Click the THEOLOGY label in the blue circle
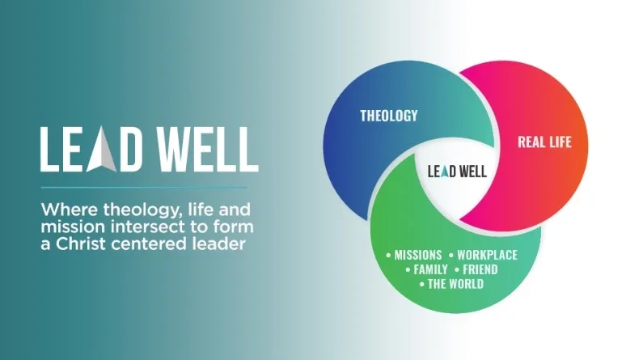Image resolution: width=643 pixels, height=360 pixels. (389, 116)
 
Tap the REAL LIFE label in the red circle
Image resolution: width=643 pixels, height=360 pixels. (544, 142)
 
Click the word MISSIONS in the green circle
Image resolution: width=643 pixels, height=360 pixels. (417, 256)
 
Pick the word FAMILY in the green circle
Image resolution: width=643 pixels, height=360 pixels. (430, 269)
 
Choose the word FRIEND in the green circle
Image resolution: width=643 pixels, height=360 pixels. (480, 269)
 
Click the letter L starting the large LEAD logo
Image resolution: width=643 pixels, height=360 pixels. (50, 150)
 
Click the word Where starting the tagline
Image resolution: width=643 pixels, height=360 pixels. (64, 208)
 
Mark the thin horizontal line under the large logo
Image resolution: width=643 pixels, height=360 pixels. (150, 188)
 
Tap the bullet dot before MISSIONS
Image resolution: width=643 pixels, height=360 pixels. (389, 256)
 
